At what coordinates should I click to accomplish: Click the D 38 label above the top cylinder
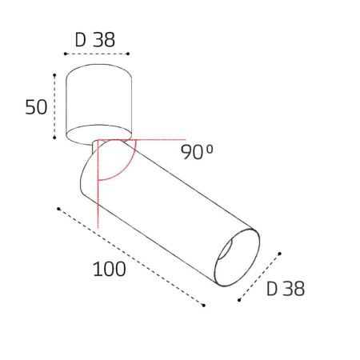(96, 38)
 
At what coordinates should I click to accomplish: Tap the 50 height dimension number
(37, 106)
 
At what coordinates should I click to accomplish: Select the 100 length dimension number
(109, 269)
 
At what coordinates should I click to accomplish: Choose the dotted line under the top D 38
(96, 54)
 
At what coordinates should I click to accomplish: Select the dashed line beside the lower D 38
(260, 278)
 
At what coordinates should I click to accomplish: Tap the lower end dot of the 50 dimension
(54, 139)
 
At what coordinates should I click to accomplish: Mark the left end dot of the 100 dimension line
(59, 210)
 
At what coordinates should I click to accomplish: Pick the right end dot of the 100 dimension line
(205, 306)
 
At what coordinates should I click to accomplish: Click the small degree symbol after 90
(211, 147)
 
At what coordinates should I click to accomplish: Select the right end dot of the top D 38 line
(129, 54)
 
